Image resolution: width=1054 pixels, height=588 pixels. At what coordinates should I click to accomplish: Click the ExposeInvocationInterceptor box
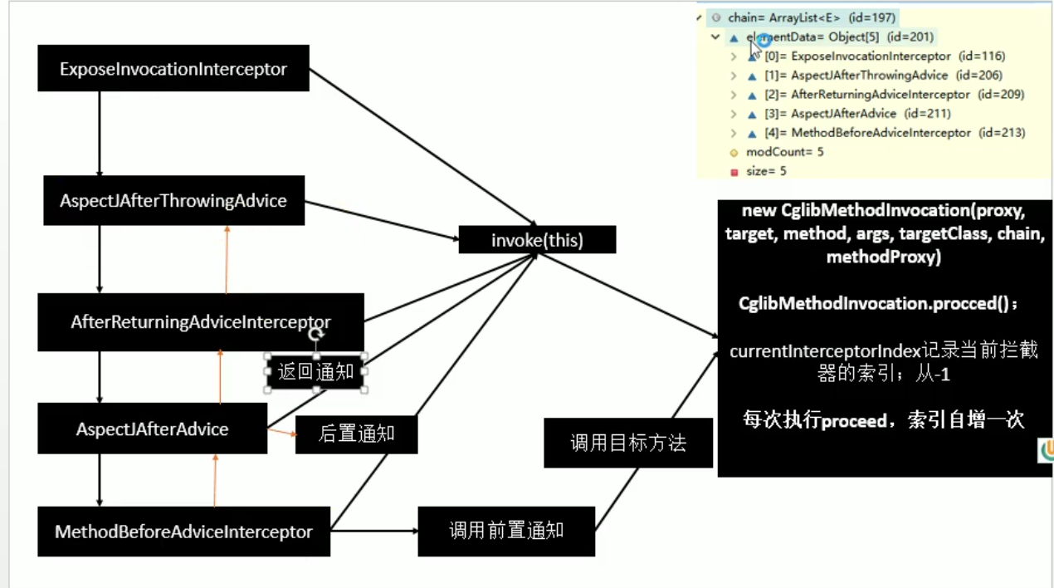173,69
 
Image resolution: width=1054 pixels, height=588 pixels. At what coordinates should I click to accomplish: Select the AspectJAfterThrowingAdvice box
173,201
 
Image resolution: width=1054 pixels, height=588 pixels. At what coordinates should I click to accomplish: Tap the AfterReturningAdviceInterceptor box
200,322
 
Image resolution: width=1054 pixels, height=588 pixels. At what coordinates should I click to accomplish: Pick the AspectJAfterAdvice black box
152,429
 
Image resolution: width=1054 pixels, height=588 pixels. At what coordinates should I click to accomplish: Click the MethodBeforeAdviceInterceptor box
183,532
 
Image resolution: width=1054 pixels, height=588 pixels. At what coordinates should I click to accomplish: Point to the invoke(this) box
537,241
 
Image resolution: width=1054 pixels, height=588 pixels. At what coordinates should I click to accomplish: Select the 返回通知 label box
315,372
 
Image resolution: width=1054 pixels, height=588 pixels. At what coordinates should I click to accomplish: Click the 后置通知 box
356,433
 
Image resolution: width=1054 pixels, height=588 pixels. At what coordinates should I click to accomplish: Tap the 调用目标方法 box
628,443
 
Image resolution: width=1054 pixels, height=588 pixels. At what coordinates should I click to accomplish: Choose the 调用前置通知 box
506,531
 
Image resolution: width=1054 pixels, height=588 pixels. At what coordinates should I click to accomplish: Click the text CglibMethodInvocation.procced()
878,303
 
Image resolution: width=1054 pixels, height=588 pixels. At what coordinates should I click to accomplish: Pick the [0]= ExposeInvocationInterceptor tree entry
871,56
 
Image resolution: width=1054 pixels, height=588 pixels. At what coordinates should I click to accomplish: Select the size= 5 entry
766,171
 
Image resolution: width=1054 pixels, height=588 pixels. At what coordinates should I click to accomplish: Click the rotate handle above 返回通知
315,335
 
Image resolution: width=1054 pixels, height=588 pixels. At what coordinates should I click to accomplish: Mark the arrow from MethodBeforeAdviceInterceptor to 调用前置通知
373,531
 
